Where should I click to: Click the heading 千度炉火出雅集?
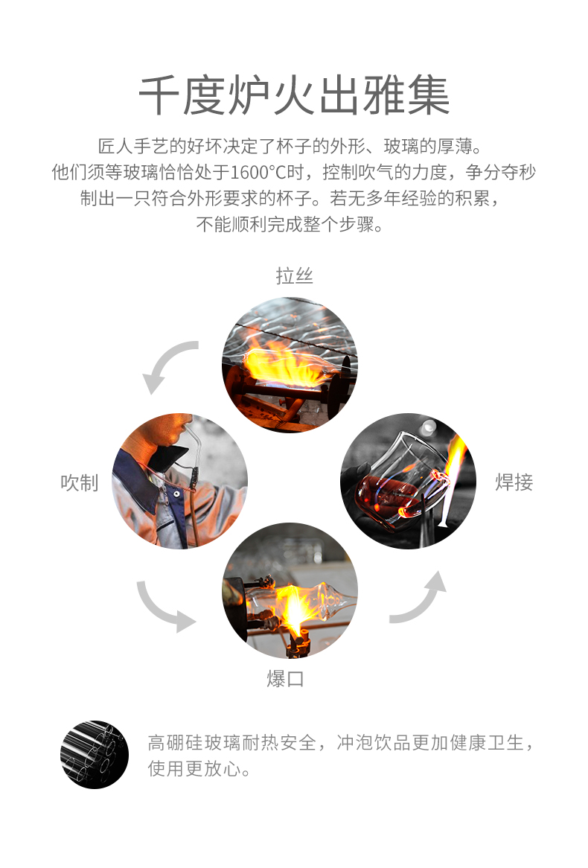[x=293, y=96]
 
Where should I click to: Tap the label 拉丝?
[x=294, y=275]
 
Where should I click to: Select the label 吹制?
[x=80, y=482]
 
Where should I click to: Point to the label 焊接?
[x=514, y=482]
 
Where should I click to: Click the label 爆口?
[x=285, y=678]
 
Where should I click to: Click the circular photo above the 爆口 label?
[x=290, y=590]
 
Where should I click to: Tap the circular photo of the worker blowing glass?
[x=179, y=481]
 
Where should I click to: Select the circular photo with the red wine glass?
[x=408, y=481]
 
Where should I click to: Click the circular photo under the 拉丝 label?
[x=290, y=365]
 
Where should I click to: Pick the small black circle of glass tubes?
[x=94, y=755]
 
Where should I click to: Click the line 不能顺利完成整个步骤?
[x=290, y=224]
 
